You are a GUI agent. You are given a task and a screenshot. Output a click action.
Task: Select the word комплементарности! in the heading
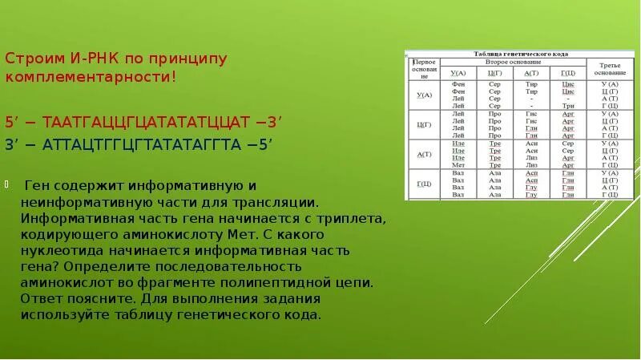(90, 78)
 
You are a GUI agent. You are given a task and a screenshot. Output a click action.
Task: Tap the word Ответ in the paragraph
(39, 298)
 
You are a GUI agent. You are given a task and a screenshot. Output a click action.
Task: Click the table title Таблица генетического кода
(522, 54)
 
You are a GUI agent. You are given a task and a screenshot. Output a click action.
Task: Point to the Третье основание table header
(610, 67)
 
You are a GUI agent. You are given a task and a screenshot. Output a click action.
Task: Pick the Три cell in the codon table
(568, 105)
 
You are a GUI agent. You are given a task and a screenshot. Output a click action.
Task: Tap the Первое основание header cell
(424, 69)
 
